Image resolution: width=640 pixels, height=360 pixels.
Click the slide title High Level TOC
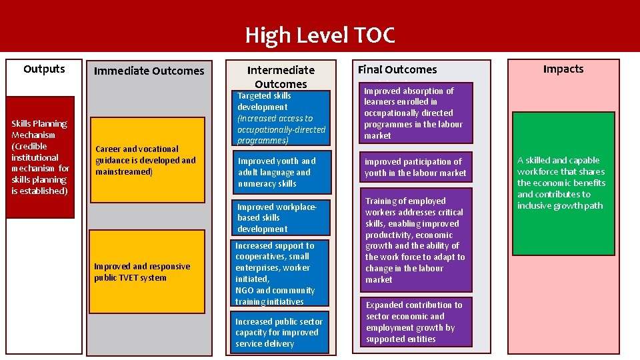pos(320,35)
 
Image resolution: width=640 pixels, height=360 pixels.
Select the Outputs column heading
pos(44,69)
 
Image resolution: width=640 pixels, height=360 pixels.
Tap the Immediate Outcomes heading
pos(149,71)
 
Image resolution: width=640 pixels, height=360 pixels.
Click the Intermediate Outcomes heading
pos(281,77)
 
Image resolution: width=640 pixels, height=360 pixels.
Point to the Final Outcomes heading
pos(397,69)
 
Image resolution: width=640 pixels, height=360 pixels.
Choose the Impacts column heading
pos(563,69)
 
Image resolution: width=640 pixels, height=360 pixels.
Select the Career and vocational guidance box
pos(147,160)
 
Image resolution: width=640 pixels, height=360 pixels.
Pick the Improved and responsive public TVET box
pos(147,271)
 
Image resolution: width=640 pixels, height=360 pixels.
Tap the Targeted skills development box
pos(281,118)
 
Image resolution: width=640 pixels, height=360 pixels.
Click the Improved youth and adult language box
pos(281,172)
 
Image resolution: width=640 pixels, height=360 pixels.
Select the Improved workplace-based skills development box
pos(281,217)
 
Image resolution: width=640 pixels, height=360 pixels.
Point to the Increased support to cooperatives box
pos(281,273)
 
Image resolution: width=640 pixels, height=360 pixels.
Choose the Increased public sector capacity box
pos(281,332)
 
